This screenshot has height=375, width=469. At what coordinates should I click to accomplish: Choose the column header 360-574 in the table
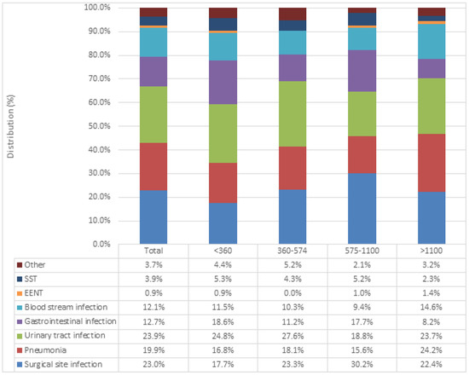[292, 252]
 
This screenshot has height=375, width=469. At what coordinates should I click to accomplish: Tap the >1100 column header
[431, 252]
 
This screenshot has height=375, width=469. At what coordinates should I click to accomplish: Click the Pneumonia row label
[42, 349]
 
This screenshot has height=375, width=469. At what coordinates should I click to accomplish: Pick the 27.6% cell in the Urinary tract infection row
[292, 336]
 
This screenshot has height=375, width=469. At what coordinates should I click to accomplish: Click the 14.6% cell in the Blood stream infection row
[431, 308]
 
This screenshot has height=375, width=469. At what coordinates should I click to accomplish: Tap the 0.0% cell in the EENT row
[292, 294]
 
